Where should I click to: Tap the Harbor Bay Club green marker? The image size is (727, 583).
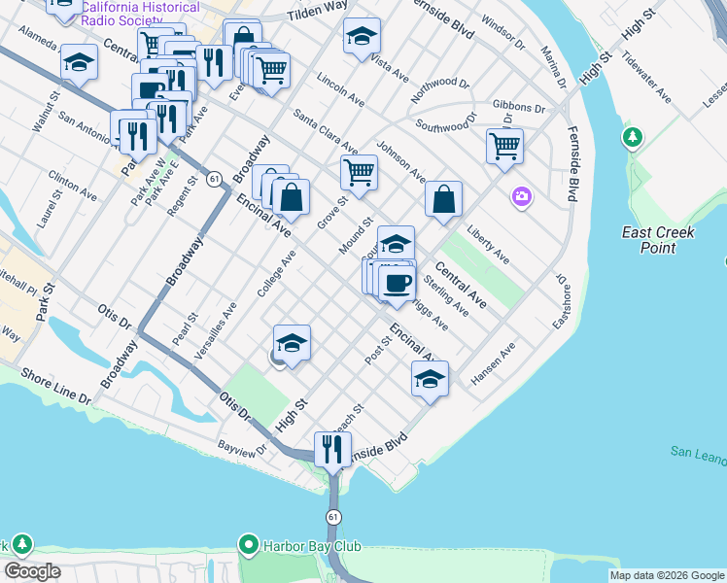[x=249, y=546]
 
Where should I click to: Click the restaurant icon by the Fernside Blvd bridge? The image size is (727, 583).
[x=332, y=449]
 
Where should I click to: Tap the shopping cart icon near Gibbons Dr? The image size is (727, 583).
[x=504, y=146]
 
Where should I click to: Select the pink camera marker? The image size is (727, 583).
[x=523, y=198]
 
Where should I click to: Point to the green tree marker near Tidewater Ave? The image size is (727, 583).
[x=634, y=138]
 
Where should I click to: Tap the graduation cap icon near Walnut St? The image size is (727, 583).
[x=79, y=63]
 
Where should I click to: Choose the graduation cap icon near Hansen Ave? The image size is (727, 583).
[x=430, y=378]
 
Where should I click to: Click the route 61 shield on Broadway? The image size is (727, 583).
[x=212, y=178]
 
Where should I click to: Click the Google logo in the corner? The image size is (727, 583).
[x=32, y=571]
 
